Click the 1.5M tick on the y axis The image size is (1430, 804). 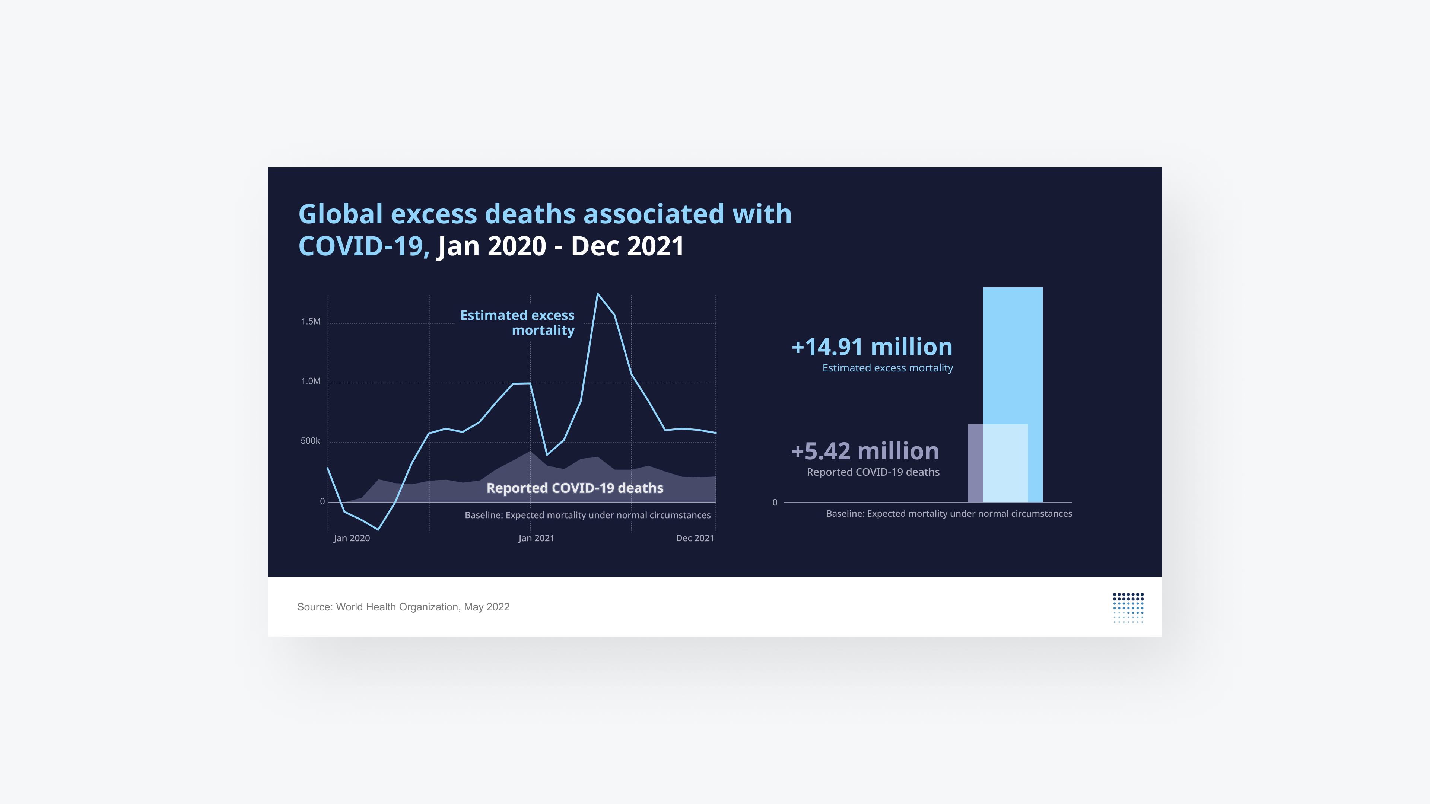click(310, 321)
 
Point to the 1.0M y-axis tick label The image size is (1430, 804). click(310, 381)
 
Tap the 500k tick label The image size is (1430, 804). click(310, 441)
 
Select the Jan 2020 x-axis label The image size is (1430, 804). click(352, 538)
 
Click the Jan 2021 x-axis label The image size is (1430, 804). click(536, 538)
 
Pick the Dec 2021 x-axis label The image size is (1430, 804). click(695, 538)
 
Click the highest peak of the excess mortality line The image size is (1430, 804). click(597, 294)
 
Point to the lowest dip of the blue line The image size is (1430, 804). click(378, 529)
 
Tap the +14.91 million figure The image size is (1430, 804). click(871, 347)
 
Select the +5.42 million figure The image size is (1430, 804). click(865, 451)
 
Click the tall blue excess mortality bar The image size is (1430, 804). click(1013, 355)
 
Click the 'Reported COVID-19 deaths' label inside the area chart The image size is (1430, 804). click(575, 488)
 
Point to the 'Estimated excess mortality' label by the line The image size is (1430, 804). click(517, 322)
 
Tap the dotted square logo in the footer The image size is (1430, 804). click(1128, 607)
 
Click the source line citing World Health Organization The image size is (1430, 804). click(403, 607)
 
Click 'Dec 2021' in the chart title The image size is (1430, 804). click(627, 246)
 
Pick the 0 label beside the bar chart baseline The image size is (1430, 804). click(775, 503)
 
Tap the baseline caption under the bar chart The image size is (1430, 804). click(949, 514)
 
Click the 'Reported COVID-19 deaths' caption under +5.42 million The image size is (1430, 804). click(873, 472)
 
